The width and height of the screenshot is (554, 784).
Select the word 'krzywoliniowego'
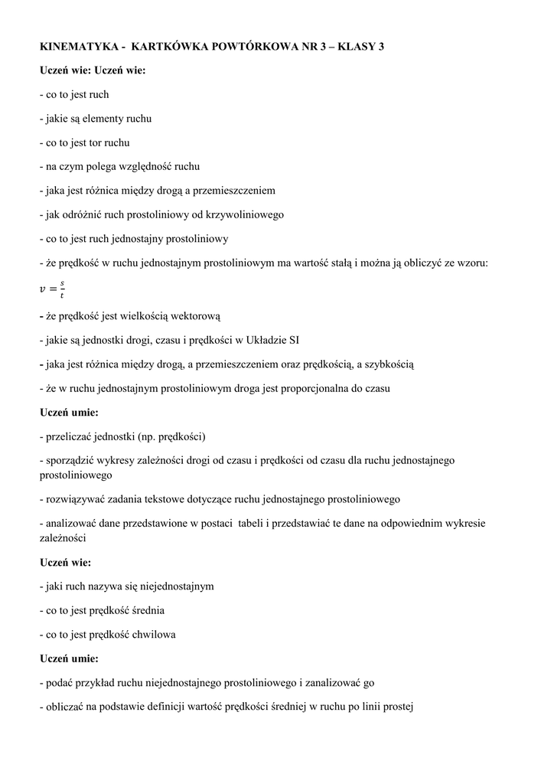point(246,214)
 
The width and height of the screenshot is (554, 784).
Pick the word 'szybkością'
point(389,364)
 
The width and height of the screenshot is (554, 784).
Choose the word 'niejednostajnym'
point(177,586)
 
